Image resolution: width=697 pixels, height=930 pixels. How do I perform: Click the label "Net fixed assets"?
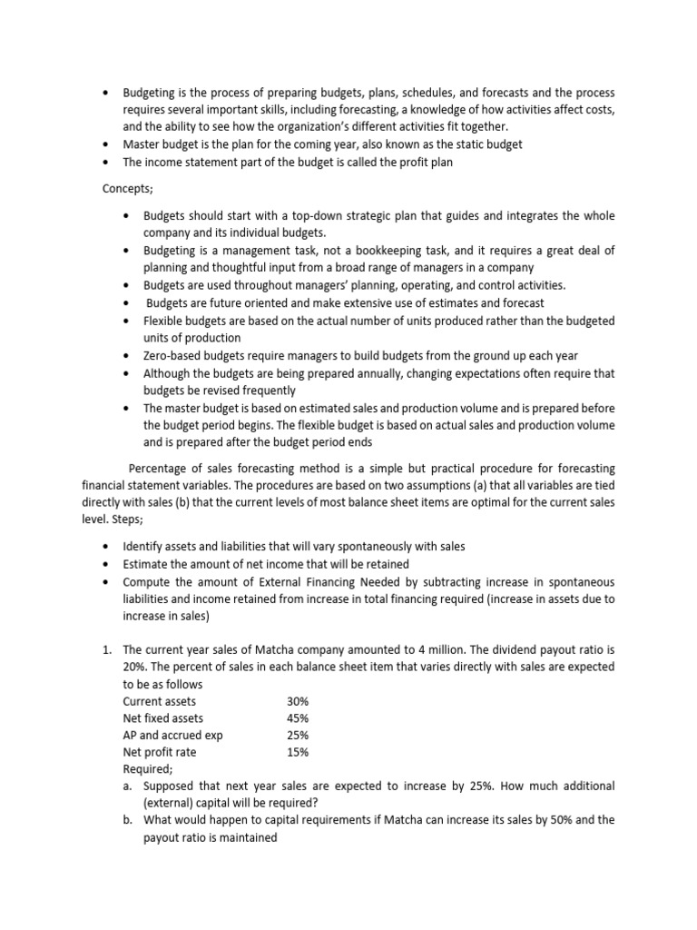coord(163,718)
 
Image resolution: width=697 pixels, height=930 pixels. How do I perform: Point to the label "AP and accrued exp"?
coord(172,736)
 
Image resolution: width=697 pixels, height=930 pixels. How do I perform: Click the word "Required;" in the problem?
coord(147,769)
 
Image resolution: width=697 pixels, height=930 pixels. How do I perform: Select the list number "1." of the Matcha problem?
coord(105,650)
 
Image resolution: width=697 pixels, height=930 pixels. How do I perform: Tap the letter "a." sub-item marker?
coord(128,787)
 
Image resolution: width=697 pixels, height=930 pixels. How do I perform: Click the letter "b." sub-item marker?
coord(128,820)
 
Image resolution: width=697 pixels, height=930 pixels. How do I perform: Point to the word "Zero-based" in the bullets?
coord(172,355)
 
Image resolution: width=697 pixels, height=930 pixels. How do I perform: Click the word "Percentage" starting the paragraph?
coord(160,469)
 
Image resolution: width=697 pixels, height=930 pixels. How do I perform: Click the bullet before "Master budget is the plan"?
coord(106,144)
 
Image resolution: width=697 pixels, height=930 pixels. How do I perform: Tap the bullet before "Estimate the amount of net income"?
coord(106,565)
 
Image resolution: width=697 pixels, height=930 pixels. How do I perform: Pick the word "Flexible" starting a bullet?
coord(163,322)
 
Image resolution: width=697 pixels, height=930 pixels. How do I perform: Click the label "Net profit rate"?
coord(160,752)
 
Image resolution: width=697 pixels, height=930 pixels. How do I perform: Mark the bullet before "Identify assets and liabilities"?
coord(106,548)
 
